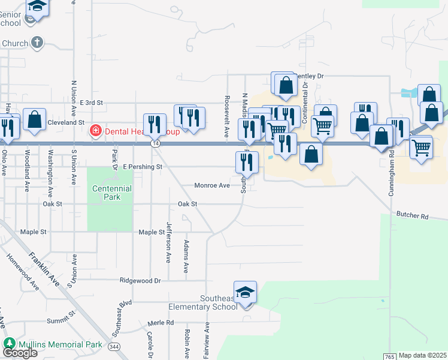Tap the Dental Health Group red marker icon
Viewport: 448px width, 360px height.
(x=95, y=131)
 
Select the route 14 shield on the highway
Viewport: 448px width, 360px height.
(x=155, y=143)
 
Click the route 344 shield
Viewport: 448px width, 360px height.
(x=114, y=346)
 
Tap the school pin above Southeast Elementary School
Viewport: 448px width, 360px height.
(x=245, y=293)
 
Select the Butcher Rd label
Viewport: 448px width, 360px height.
(x=412, y=214)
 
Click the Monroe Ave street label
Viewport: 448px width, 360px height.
(x=212, y=186)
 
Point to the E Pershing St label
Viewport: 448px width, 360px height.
(x=143, y=166)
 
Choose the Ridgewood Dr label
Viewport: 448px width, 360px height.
(x=141, y=280)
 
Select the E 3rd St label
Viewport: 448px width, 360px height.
(x=92, y=103)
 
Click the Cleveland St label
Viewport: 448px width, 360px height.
(x=66, y=122)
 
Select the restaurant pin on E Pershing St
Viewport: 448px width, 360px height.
(x=246, y=161)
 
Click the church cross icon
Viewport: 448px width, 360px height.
(x=38, y=43)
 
